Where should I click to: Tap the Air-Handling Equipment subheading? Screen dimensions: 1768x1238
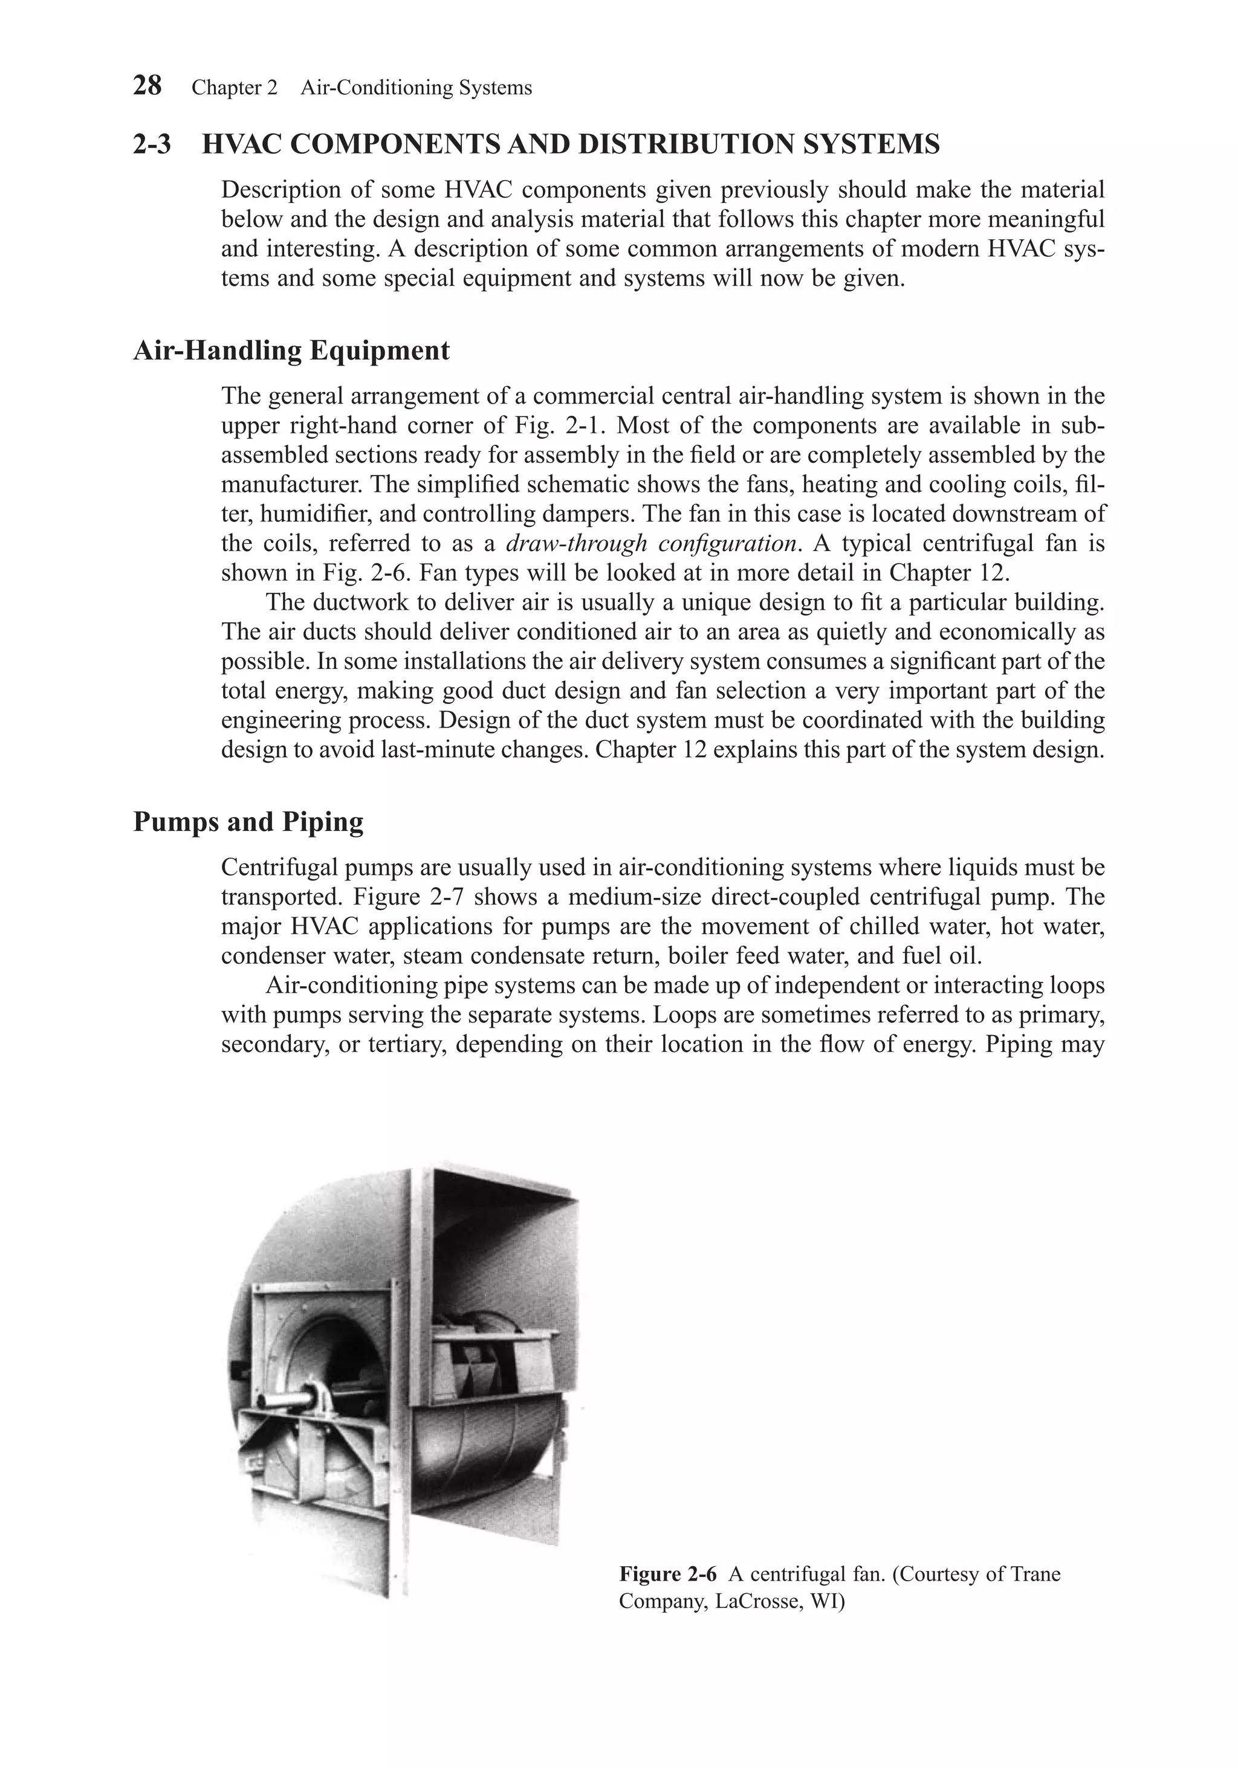click(291, 350)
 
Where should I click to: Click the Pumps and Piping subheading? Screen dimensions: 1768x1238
click(248, 822)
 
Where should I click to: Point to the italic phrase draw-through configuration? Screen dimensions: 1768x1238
click(650, 544)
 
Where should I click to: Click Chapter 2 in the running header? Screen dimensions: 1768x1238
click(234, 88)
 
